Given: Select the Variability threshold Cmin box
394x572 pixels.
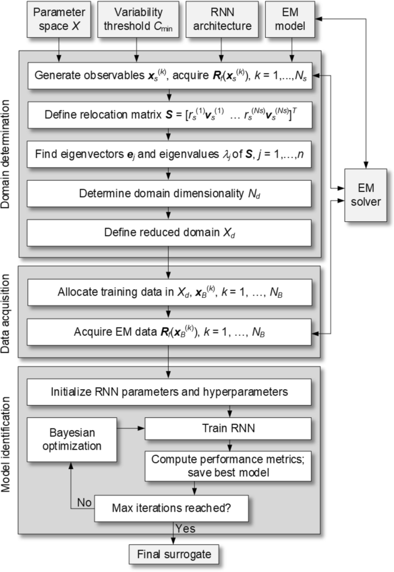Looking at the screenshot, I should click(x=136, y=18).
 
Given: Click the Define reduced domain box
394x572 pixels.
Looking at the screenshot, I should click(x=170, y=233).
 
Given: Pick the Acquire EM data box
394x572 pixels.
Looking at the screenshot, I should click(x=170, y=332).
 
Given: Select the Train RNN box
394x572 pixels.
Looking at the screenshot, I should click(x=228, y=428).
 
